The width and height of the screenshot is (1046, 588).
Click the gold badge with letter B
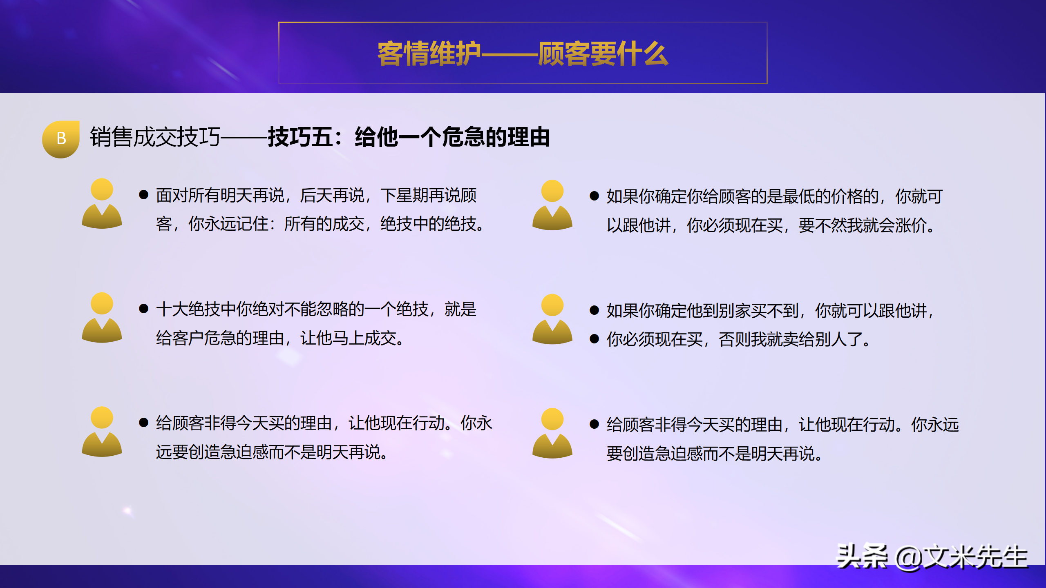point(61,139)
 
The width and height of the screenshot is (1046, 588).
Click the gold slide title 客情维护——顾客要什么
point(523,53)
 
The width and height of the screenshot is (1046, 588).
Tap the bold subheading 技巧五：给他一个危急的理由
point(409,137)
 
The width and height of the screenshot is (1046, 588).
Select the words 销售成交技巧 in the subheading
point(155,137)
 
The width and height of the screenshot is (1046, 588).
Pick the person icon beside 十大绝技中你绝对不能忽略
point(102,318)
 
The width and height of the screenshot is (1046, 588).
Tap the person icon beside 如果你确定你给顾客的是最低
point(552,205)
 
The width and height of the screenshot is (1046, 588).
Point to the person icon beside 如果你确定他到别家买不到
point(552,319)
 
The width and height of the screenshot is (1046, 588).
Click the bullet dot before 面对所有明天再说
point(143,195)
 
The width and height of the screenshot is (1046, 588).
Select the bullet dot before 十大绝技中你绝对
point(143,309)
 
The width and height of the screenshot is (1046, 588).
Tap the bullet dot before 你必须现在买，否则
point(595,339)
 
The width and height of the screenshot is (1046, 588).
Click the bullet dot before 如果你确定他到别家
point(595,310)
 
